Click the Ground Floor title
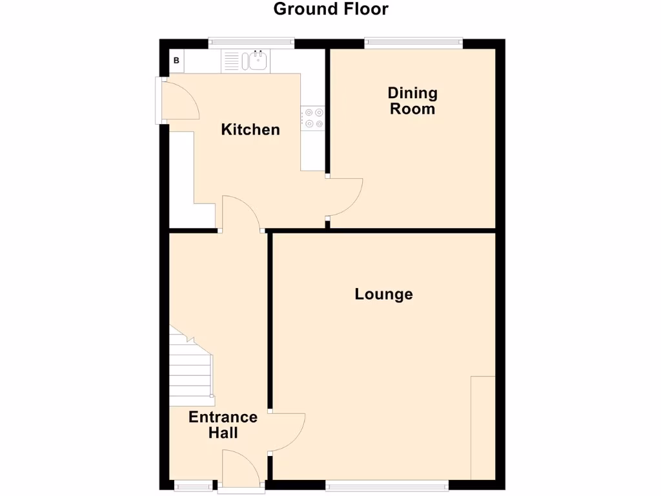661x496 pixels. coord(330,9)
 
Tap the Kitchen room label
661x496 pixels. coord(250,130)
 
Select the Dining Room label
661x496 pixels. coord(412,101)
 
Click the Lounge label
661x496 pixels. coord(383,294)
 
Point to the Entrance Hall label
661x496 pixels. coord(223,424)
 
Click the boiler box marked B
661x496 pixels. coord(176,62)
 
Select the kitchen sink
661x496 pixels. coord(257,61)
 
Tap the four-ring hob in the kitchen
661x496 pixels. coord(313,118)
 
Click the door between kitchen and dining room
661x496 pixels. coord(343,197)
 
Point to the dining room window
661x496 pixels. coord(413,43)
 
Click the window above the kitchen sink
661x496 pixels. coord(251,43)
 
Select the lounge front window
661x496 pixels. coord(387,484)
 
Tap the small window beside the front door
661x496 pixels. coord(194,484)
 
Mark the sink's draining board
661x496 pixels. coord(232,61)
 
